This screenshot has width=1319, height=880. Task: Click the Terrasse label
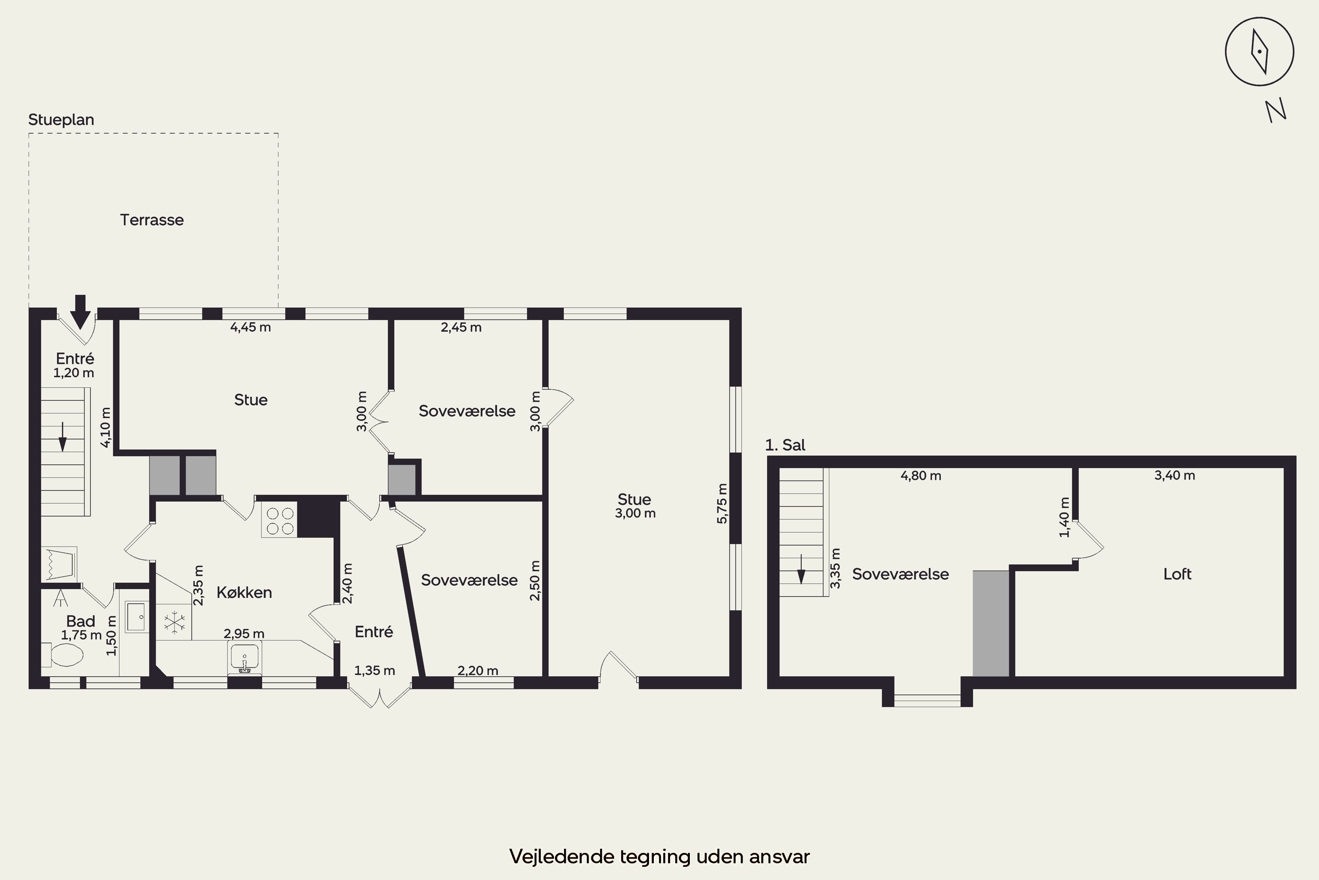click(x=152, y=220)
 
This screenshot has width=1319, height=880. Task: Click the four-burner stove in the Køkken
click(x=279, y=520)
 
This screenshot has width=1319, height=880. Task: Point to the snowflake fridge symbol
click(x=175, y=623)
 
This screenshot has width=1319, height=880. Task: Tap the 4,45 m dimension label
click(x=251, y=327)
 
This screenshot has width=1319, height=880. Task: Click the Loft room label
click(x=1177, y=574)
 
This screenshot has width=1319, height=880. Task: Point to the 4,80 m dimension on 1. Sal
click(x=921, y=476)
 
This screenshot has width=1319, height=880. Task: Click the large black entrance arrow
click(x=80, y=312)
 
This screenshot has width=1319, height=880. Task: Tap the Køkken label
click(x=244, y=592)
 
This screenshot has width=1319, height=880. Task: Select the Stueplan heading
click(x=61, y=120)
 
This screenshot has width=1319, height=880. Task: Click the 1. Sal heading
click(x=785, y=445)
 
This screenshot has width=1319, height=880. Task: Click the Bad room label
click(x=81, y=621)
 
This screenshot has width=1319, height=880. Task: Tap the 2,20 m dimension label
click(x=478, y=671)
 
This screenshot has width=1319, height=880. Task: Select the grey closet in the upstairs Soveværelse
click(x=991, y=623)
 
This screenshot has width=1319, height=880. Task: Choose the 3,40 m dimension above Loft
click(x=1174, y=475)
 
